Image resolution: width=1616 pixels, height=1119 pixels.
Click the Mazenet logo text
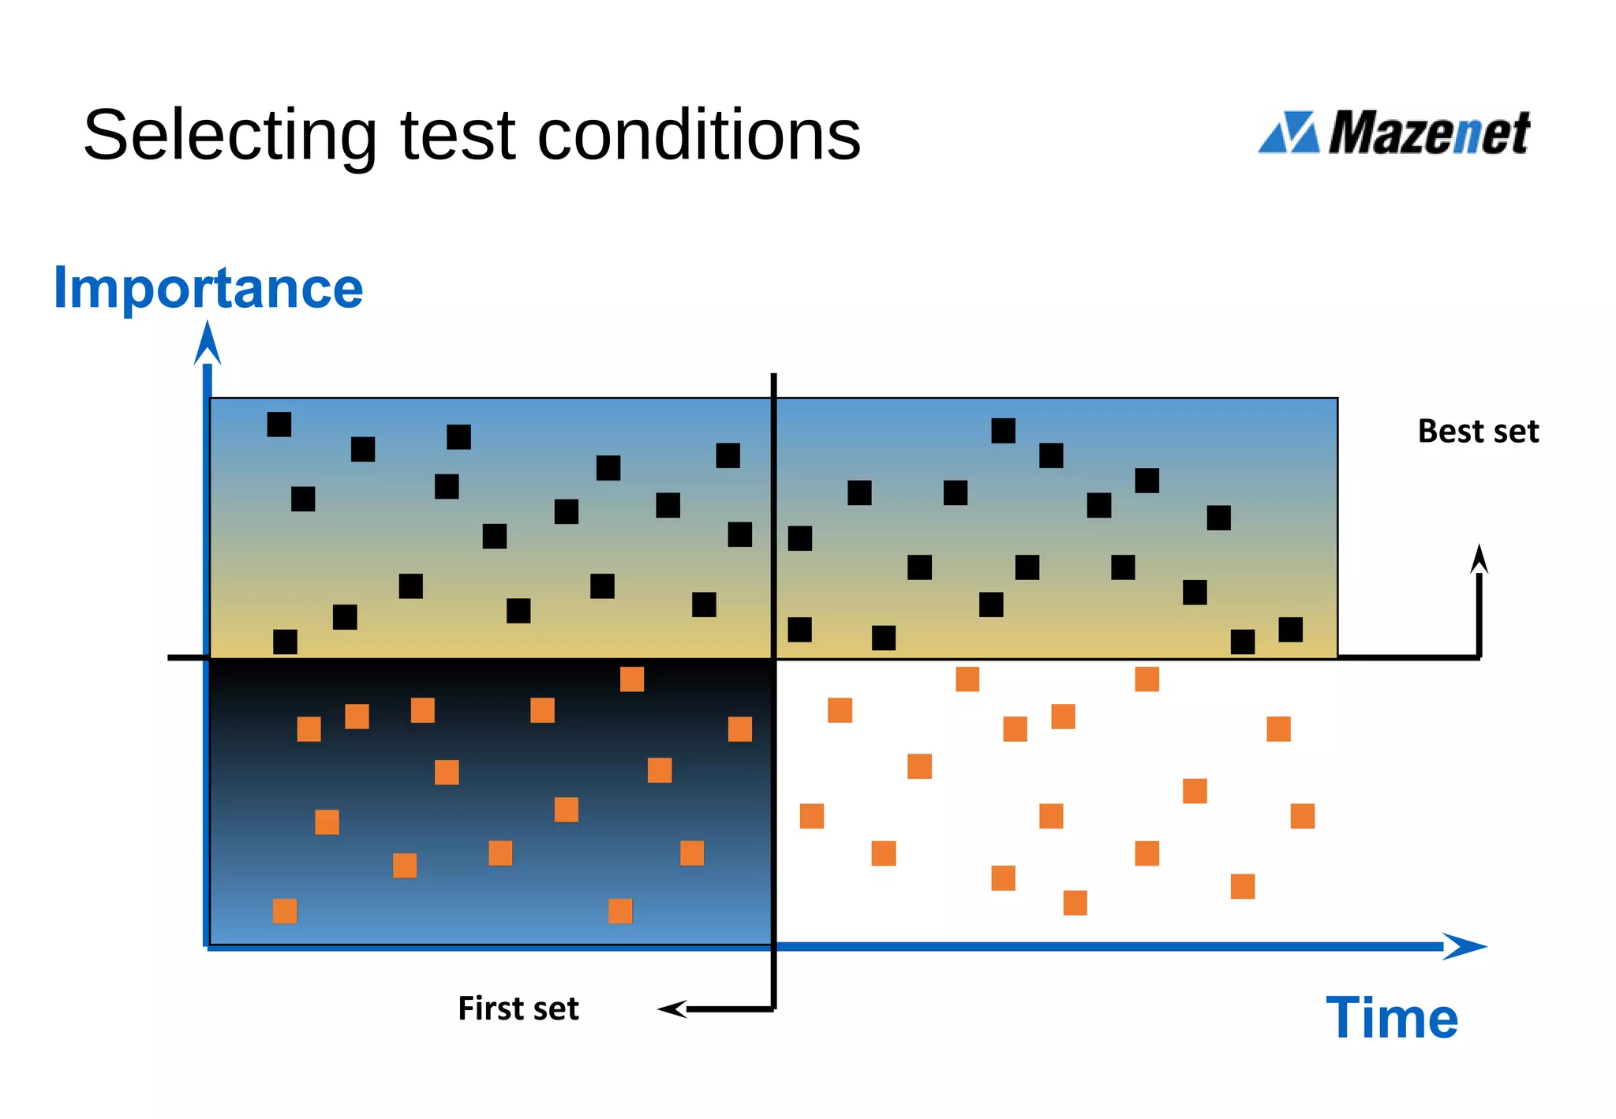(x=1428, y=133)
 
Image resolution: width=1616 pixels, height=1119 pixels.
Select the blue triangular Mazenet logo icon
(x=1289, y=133)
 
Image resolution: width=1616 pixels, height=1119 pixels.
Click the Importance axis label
(x=208, y=288)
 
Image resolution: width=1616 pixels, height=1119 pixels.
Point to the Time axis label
(x=1392, y=1018)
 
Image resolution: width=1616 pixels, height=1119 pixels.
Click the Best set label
(x=1478, y=432)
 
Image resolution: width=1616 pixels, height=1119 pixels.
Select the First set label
(x=518, y=1009)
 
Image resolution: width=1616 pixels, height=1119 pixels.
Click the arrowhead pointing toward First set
(x=671, y=1009)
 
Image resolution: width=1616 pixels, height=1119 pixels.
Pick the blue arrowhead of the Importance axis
(x=208, y=344)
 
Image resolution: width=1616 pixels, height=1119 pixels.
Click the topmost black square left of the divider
(x=279, y=425)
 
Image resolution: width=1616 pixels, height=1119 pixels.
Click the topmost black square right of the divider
(x=1003, y=431)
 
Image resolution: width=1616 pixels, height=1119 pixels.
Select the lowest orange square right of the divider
(x=1075, y=903)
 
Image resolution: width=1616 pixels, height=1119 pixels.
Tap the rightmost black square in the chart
(x=1290, y=630)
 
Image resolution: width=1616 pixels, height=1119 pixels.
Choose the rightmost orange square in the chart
(x=1302, y=816)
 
